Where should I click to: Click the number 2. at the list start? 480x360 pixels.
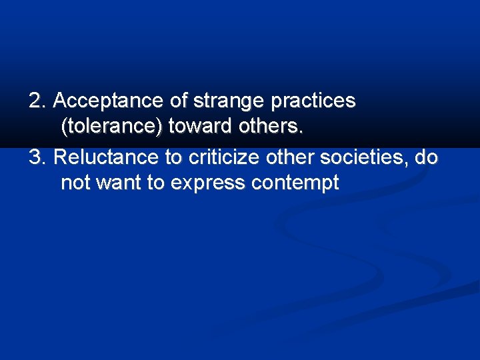(x=37, y=101)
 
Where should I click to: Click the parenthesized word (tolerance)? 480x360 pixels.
(x=112, y=126)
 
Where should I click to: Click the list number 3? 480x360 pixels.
(x=37, y=158)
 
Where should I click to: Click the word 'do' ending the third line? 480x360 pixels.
(x=426, y=158)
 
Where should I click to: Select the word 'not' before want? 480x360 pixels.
(x=75, y=183)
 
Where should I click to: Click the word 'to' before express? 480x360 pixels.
(x=156, y=183)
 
